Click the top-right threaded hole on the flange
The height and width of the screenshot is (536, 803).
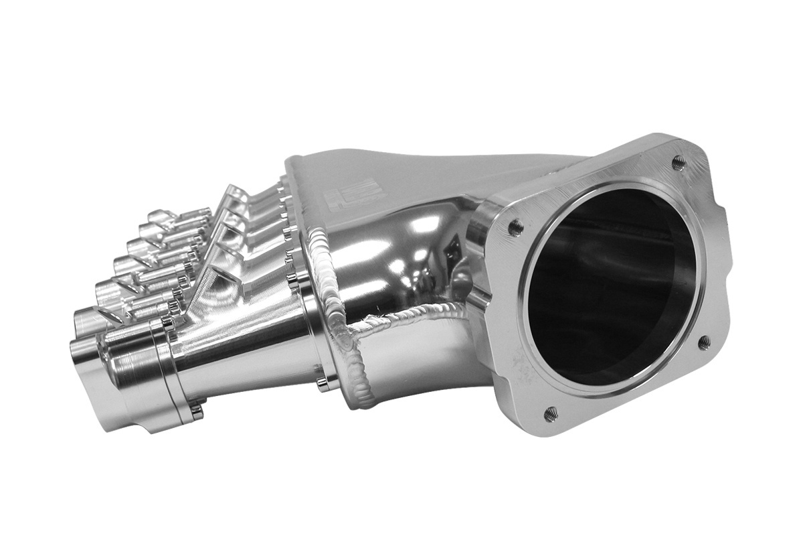tap(678, 161)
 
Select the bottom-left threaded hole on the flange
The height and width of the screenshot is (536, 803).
tap(551, 414)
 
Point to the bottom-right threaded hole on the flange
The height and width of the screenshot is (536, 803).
tap(704, 342)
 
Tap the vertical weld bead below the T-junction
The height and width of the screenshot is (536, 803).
tap(358, 375)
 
